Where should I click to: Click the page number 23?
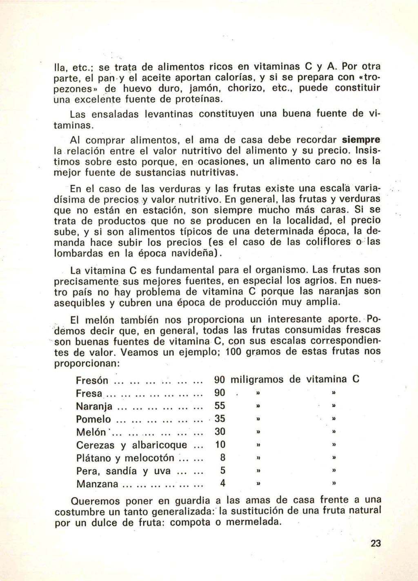[376, 543]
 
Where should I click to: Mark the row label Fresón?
[92, 381]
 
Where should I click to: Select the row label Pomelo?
[93, 419]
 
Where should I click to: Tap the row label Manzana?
[97, 484]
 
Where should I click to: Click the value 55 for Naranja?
[220, 406]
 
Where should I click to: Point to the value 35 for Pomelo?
[220, 419]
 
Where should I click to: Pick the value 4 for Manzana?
[223, 484]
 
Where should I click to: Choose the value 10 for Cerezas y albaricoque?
[220, 445]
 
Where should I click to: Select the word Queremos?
[96, 501]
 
